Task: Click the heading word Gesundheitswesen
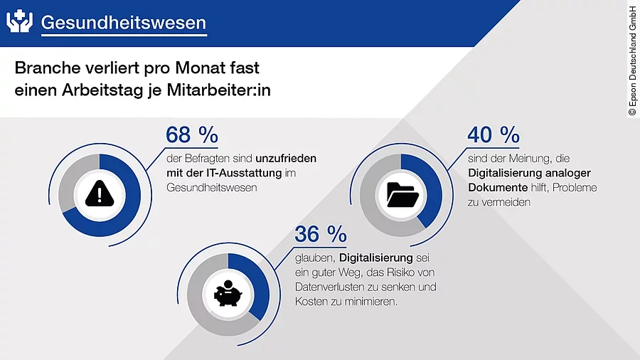123,22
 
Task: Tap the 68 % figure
191,134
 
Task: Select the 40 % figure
494,134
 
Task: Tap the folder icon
401,194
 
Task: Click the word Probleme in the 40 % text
575,187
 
